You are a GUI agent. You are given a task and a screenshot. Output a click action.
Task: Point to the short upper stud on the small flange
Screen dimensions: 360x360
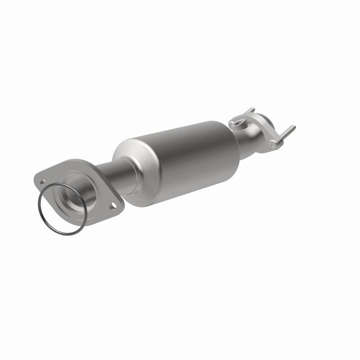(250, 111)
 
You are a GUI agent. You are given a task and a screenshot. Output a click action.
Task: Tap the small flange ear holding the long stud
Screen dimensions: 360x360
(274, 143)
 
